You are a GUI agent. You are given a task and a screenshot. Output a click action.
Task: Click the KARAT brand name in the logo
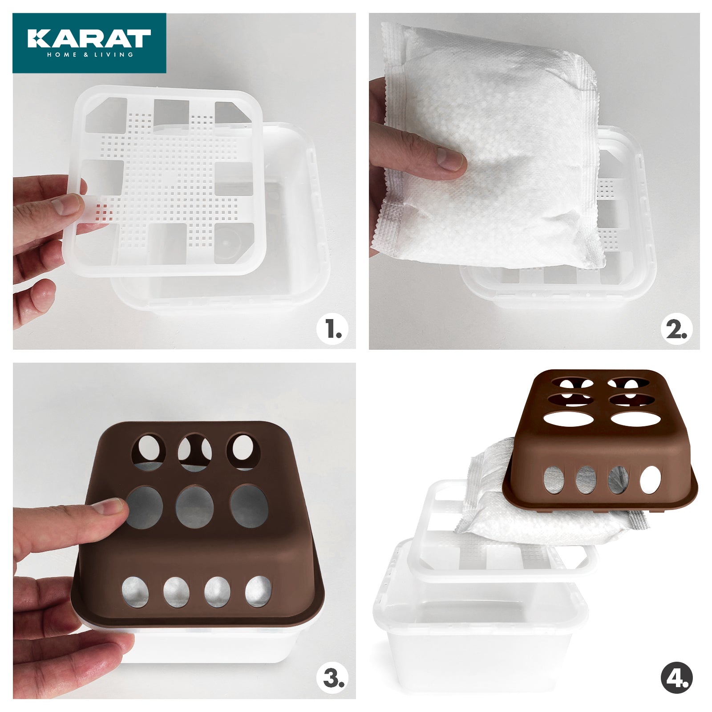click(89, 38)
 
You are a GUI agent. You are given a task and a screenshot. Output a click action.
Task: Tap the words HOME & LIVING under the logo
click(90, 55)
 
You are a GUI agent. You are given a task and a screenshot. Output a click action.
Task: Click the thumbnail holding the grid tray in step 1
click(67, 205)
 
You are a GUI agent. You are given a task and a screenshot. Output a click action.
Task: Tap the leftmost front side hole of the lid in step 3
click(135, 592)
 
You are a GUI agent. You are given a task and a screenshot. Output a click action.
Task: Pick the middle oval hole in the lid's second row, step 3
click(194, 507)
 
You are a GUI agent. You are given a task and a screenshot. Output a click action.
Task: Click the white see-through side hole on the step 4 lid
click(651, 480)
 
